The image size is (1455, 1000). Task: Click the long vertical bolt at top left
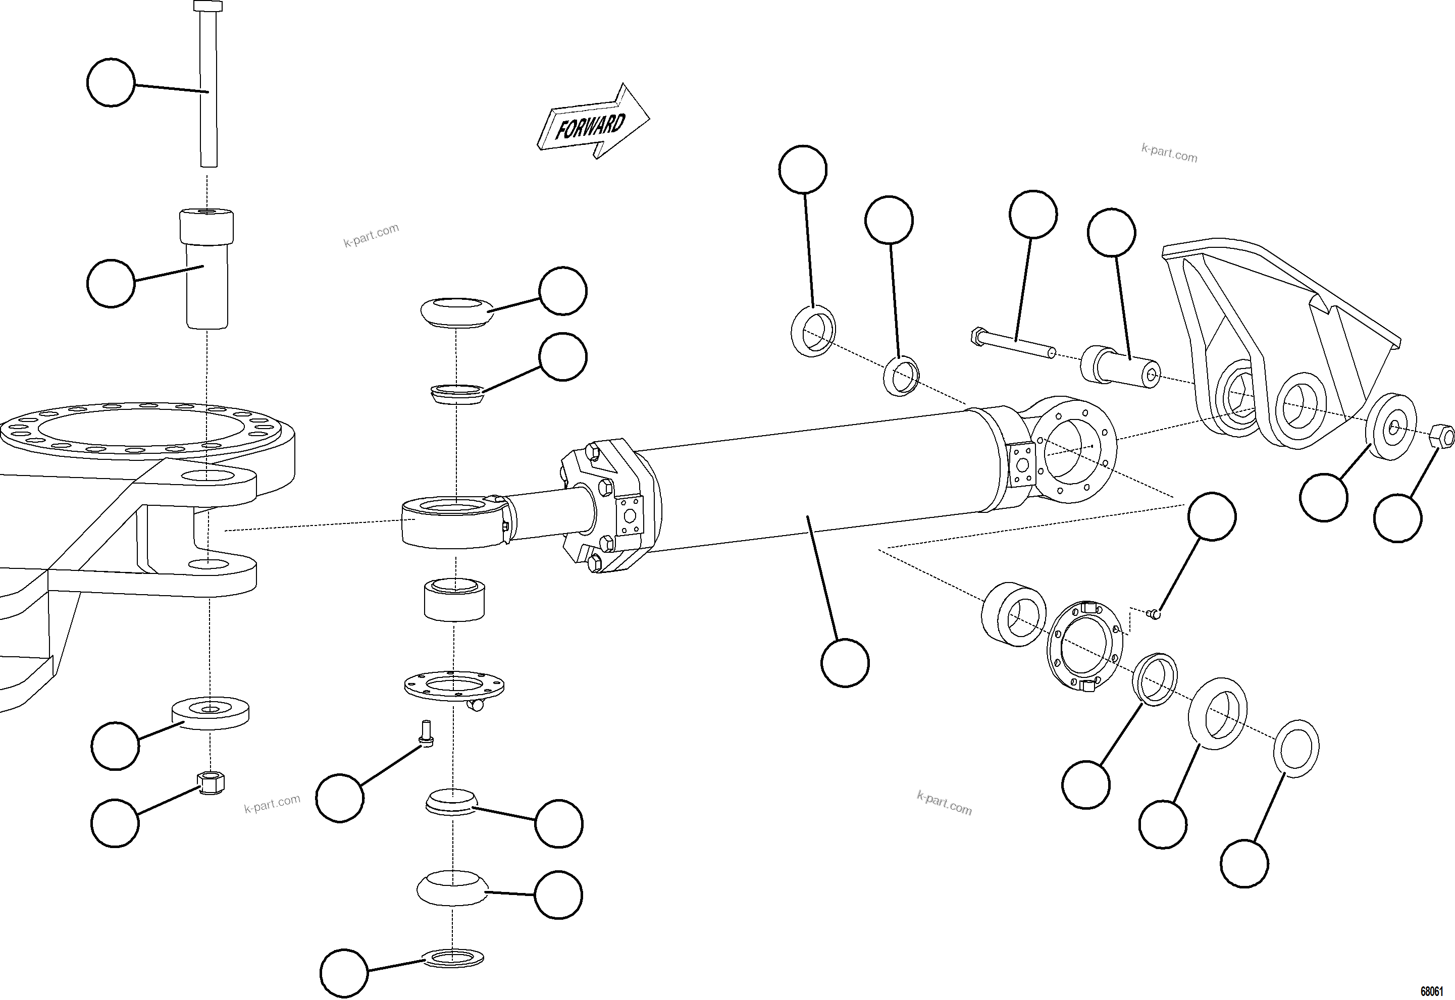click(209, 88)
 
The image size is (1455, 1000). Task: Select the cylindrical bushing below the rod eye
click(454, 600)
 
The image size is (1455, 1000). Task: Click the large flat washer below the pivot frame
click(211, 713)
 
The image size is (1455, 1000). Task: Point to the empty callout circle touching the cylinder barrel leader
click(845, 663)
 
